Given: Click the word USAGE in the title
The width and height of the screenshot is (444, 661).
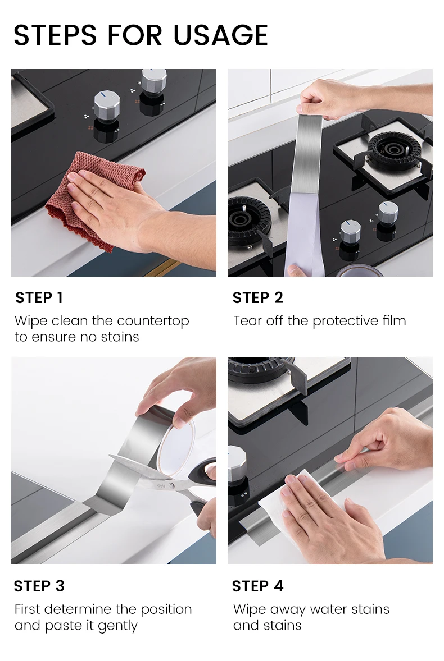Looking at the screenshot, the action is coord(221,35).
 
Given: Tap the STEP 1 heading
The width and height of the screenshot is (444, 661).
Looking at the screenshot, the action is coord(39,297).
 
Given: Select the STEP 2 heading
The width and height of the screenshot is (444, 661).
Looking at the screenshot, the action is coord(258,297).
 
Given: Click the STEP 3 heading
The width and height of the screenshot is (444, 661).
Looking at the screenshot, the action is coord(39,586).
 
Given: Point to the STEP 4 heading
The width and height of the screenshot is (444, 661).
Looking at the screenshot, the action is coord(258,586).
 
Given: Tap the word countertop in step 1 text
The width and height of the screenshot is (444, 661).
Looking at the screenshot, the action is coord(153,321).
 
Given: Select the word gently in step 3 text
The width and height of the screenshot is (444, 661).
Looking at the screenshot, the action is coord(117,626).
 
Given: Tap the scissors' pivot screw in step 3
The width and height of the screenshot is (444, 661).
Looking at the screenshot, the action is coord(171,486).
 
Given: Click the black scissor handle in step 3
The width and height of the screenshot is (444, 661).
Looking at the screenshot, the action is coord(202,485).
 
